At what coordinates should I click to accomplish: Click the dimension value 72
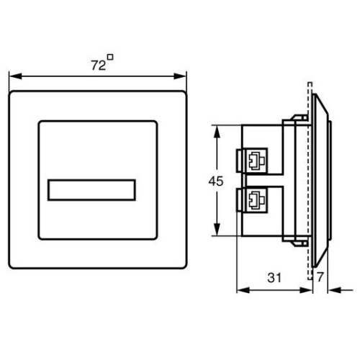coord(97,65)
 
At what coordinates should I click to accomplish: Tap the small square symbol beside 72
coord(109,57)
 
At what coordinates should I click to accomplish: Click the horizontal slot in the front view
coord(92,189)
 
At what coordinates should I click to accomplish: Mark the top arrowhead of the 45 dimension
coord(217,130)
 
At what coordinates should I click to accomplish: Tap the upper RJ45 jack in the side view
coord(255,160)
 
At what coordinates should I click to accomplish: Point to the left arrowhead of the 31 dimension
coord(240,291)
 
